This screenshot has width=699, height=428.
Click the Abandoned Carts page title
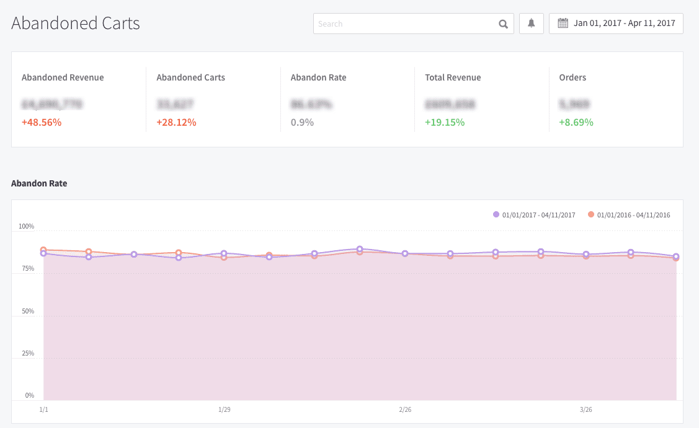coord(76,24)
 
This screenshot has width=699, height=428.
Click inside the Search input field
coord(403,24)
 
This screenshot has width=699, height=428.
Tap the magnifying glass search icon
coord(503,24)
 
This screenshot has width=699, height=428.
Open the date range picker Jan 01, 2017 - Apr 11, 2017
coord(616,24)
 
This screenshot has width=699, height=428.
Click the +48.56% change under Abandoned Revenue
coord(42,122)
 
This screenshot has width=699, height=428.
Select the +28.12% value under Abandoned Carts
coord(176,122)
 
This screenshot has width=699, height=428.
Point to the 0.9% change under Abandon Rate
coord(302,122)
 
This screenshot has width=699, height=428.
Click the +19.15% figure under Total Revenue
coord(445,122)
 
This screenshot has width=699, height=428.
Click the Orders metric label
coord(572,77)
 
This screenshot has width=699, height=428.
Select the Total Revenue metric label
coord(453,77)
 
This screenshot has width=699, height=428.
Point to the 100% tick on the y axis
coord(26,227)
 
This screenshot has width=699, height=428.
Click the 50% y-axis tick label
coord(28,312)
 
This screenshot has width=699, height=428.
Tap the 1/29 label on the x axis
coord(224,409)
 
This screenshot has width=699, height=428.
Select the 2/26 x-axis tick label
coord(405,409)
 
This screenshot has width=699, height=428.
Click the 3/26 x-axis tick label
coord(586,409)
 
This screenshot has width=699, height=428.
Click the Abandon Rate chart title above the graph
coord(39,183)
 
